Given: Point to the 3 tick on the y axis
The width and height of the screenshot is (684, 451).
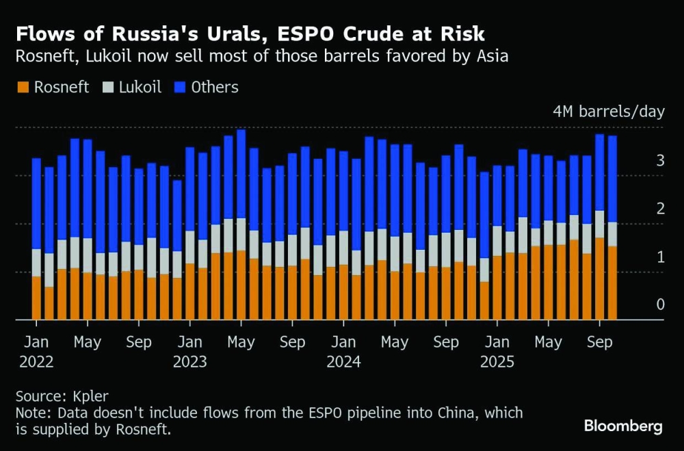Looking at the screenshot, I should pyautogui.click(x=660, y=161).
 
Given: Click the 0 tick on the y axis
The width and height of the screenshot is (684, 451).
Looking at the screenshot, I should pyautogui.click(x=660, y=305).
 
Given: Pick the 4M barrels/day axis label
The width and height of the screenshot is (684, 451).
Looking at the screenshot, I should pyautogui.click(x=608, y=112).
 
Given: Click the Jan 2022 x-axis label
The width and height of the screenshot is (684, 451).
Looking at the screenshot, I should pyautogui.click(x=36, y=351).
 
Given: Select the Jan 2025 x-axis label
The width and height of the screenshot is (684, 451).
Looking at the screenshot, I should pyautogui.click(x=500, y=351).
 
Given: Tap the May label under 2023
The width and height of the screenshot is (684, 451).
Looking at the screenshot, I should pyautogui.click(x=241, y=342).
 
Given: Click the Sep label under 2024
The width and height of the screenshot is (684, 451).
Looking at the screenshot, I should pyautogui.click(x=446, y=342).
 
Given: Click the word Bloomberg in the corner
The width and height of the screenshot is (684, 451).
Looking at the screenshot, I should pyautogui.click(x=623, y=426).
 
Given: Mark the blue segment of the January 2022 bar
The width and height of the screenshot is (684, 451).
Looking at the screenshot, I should pyautogui.click(x=36, y=203).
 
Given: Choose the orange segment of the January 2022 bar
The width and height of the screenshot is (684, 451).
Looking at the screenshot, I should pyautogui.click(x=36, y=298).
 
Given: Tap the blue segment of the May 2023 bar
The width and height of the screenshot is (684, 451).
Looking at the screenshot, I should pyautogui.click(x=241, y=174).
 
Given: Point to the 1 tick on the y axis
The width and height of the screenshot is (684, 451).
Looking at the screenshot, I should pyautogui.click(x=660, y=257).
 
